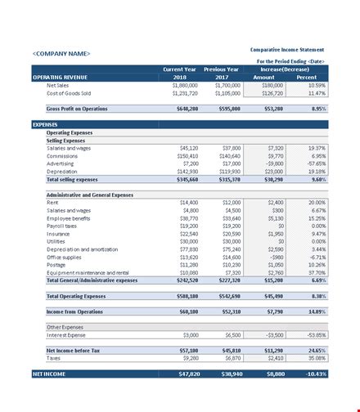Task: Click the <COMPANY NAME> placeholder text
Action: [62, 54]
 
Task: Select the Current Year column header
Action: [179, 69]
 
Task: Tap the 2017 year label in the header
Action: [227, 77]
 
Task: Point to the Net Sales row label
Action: [58, 84]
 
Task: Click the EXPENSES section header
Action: [45, 125]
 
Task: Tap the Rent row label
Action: [53, 201]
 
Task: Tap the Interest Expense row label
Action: [68, 334]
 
